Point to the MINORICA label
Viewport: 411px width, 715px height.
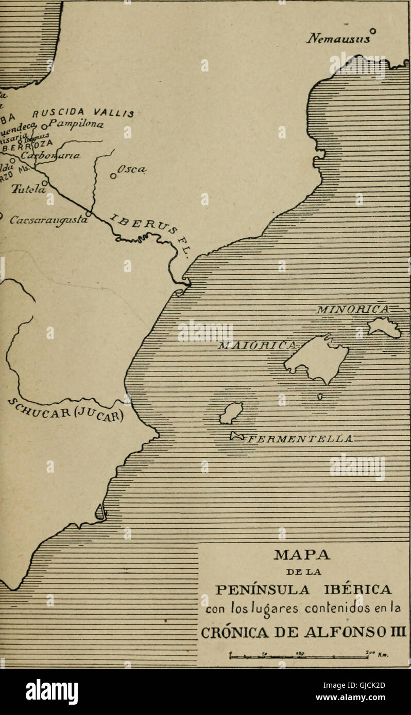[353, 309]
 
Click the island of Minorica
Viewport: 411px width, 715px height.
[384, 327]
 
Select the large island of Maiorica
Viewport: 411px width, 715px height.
[317, 357]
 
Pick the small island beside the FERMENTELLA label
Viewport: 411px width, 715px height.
[237, 436]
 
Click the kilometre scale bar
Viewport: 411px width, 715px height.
[304, 655]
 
